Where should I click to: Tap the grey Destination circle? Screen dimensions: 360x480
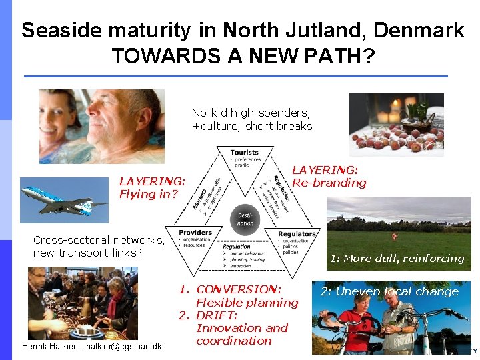click(x=245, y=218)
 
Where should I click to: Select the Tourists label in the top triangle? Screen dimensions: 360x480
click(x=245, y=153)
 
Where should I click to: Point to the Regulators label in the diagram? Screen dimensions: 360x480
click(x=297, y=234)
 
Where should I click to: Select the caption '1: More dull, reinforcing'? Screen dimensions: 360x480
click(x=397, y=258)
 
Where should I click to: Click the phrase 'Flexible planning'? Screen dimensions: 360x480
click(x=247, y=303)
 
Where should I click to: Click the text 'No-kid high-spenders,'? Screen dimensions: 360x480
click(x=251, y=113)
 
